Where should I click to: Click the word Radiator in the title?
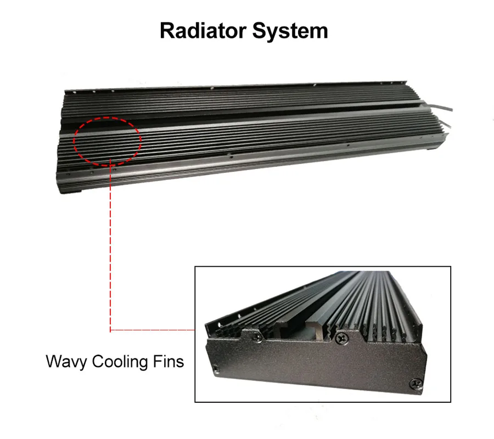pyautogui.click(x=203, y=31)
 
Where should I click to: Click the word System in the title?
pyautogui.click(x=290, y=31)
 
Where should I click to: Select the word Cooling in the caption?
pyautogui.click(x=120, y=362)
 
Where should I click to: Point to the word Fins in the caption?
pyautogui.click(x=169, y=361)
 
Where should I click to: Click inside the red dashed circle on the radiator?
pyautogui.click(x=108, y=142)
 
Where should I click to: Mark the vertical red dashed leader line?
pyautogui.click(x=110, y=246)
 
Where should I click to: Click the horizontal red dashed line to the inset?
pyautogui.click(x=153, y=330)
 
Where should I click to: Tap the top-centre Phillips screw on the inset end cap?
pyautogui.click(x=341, y=339)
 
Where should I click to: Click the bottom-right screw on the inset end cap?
pyautogui.click(x=416, y=384)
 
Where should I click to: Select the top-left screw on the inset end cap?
pyautogui.click(x=257, y=337)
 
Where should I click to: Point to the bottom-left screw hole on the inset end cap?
pyautogui.click(x=216, y=368)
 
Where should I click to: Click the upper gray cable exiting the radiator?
pyautogui.click(x=440, y=108)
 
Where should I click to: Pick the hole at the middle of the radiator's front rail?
pyautogui.click(x=231, y=156)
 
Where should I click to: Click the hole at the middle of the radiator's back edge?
pyautogui.click(x=212, y=88)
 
